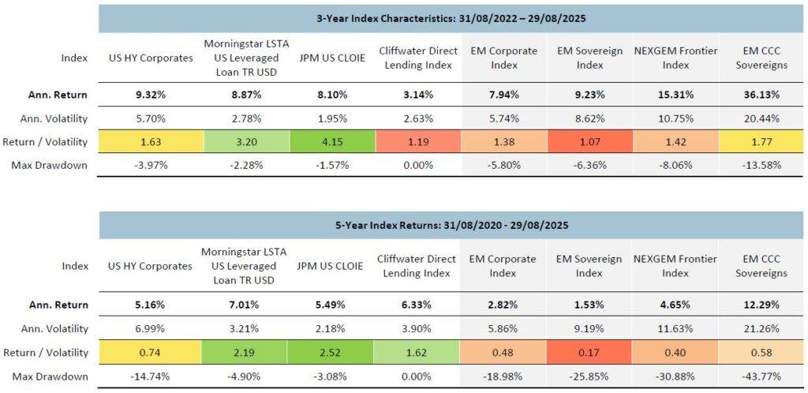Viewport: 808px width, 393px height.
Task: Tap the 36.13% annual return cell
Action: click(x=761, y=95)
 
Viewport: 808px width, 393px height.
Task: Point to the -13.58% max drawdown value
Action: click(x=761, y=165)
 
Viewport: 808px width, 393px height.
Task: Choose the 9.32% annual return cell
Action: click(x=151, y=95)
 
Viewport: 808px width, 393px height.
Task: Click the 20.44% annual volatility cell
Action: click(x=761, y=118)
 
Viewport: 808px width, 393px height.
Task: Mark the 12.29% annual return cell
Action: click(x=761, y=305)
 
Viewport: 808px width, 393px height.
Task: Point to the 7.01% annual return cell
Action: click(x=244, y=305)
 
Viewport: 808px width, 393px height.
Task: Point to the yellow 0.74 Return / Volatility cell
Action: click(x=151, y=352)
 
